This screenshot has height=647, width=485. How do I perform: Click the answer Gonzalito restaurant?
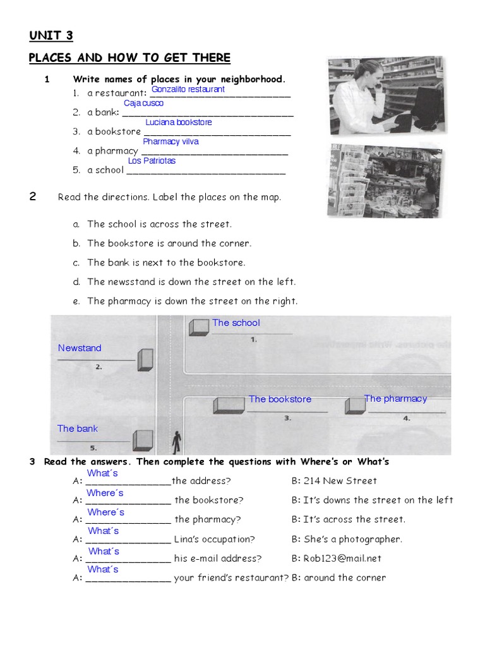(188, 90)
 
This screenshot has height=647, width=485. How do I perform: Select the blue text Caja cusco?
(143, 103)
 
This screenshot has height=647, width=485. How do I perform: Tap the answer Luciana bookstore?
(179, 123)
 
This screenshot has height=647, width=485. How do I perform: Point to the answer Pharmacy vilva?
(171, 142)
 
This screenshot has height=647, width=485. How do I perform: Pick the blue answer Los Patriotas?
(152, 161)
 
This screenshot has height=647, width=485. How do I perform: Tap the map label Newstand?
(80, 348)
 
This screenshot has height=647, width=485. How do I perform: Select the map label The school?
(236, 323)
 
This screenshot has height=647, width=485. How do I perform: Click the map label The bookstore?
(280, 399)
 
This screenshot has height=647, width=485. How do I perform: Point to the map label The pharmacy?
(395, 399)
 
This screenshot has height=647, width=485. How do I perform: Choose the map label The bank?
(78, 429)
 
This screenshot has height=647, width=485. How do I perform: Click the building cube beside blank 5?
(143, 438)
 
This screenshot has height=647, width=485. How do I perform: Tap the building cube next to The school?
(199, 327)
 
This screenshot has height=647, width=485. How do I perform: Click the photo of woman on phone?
(385, 95)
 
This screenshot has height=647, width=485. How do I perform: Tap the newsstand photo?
(385, 181)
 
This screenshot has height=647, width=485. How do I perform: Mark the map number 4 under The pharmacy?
(407, 418)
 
